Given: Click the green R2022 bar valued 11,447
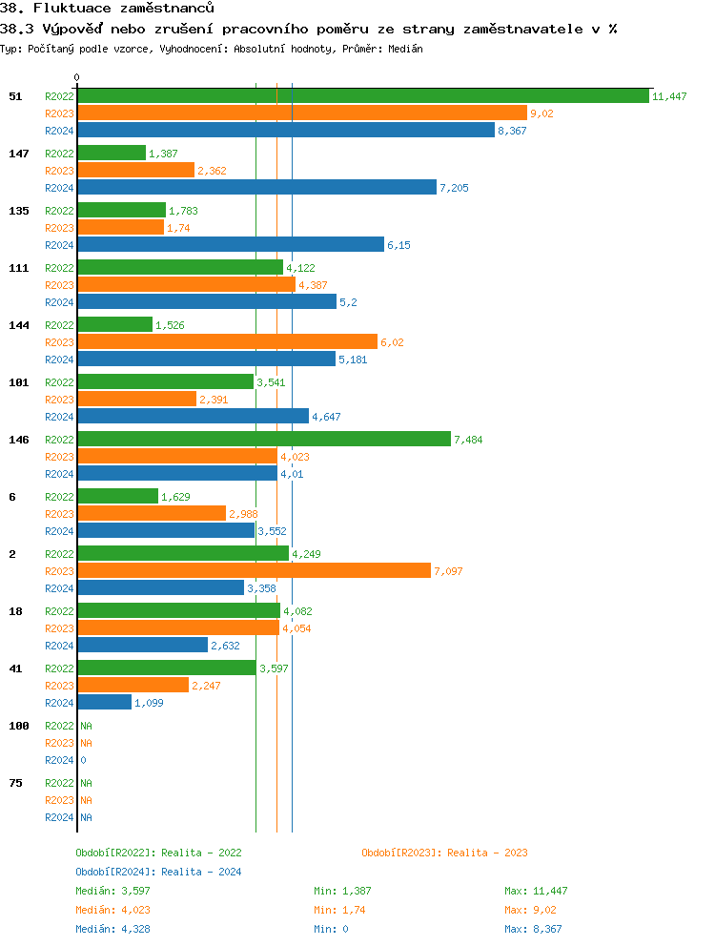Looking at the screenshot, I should pyautogui.click(x=362, y=96).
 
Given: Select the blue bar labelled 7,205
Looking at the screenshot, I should pyautogui.click(x=256, y=188).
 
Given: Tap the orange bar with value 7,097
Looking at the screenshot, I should pyautogui.click(x=254, y=571).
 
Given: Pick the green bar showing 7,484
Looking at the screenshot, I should pyautogui.click(x=263, y=440).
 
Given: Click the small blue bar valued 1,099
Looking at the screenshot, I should pyautogui.click(x=104, y=703).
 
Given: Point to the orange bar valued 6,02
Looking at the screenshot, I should pyautogui.click(x=227, y=342).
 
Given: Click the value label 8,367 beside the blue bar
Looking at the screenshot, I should pyautogui.click(x=512, y=131).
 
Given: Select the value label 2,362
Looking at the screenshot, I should pyautogui.click(x=212, y=171).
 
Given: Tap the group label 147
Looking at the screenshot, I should pyautogui.click(x=19, y=154).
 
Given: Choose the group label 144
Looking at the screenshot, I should pyautogui.click(x=19, y=325).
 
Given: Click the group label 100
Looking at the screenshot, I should pyautogui.click(x=19, y=726).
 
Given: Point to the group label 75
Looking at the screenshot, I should pyautogui.click(x=15, y=783).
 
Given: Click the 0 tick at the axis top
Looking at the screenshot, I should pyautogui.click(x=77, y=77).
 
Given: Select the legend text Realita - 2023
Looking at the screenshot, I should pyautogui.click(x=487, y=853).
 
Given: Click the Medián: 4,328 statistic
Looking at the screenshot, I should pyautogui.click(x=112, y=929).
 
